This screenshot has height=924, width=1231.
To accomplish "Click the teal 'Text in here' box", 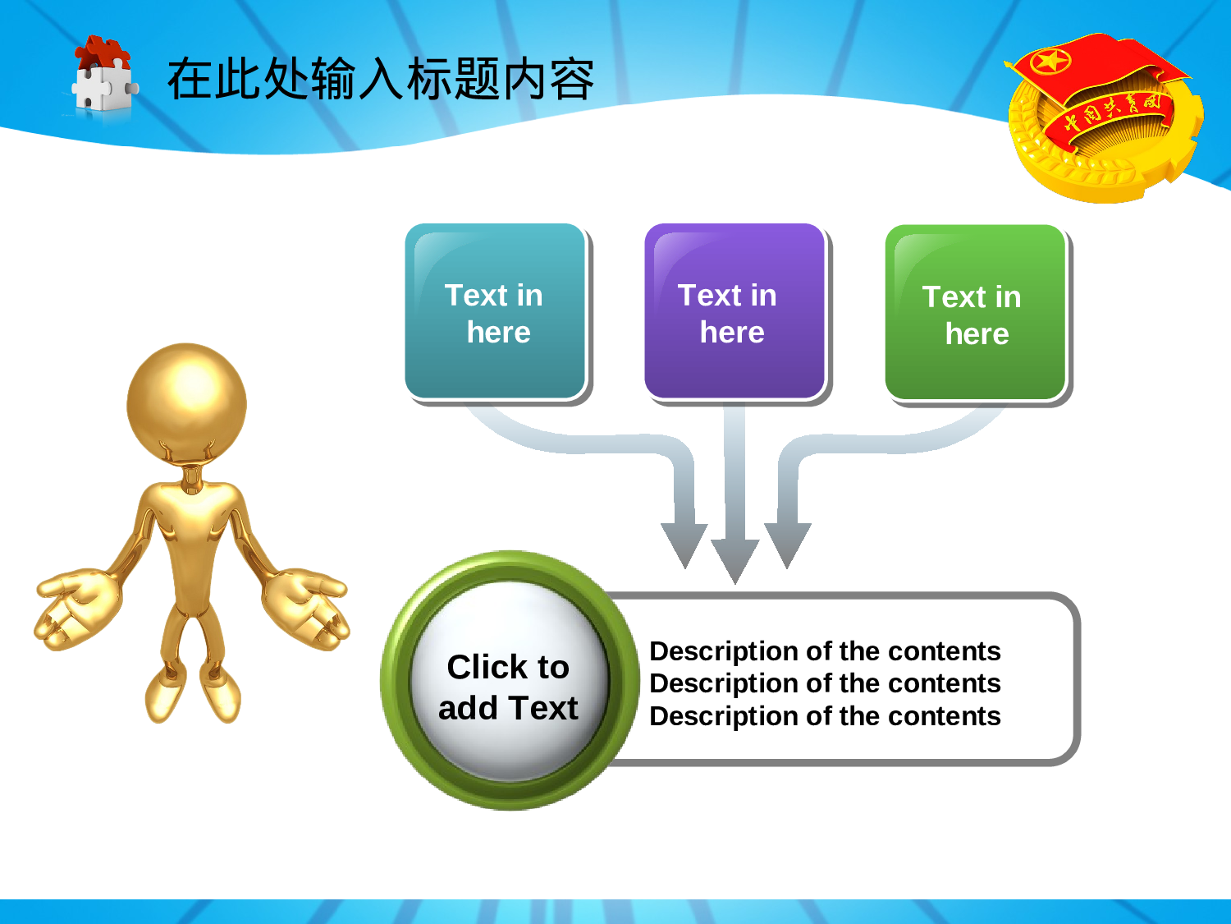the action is pos(495,311).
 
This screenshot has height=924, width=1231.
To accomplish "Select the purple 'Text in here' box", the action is pos(734,311).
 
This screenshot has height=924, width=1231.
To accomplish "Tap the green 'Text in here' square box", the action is pos(975,312).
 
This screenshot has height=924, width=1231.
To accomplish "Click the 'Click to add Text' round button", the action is pos(510,681).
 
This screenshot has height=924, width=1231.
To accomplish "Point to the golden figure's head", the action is pos(187,402).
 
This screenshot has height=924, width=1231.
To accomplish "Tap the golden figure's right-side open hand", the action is pos(305,609).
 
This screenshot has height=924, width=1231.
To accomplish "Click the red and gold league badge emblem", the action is pos(1103,117).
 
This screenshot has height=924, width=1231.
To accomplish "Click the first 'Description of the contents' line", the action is pos(825,651).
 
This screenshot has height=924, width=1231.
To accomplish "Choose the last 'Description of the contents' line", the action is pos(825,716).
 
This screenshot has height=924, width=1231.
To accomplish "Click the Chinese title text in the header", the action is pos(381,79).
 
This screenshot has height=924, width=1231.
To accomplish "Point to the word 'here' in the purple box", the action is pos(732,332).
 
